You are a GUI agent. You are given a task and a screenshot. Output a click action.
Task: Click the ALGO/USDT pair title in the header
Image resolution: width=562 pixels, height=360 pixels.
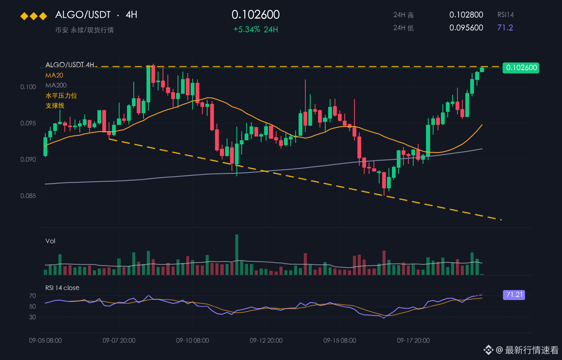click(83, 15)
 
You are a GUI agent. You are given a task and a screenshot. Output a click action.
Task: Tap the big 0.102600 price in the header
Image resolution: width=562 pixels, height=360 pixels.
click(256, 15)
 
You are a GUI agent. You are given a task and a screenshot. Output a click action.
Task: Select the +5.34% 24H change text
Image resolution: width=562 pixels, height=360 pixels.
click(256, 29)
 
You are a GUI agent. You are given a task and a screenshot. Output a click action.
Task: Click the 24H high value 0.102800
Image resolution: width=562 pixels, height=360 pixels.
click(466, 15)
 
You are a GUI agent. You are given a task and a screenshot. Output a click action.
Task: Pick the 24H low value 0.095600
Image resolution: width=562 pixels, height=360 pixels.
click(466, 28)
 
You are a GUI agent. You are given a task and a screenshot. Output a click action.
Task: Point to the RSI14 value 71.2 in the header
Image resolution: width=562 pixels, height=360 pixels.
click(505, 28)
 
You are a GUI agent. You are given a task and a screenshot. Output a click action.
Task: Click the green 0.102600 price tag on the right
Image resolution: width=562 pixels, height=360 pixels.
click(521, 68)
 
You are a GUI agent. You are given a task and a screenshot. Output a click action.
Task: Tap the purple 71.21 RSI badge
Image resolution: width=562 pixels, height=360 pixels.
click(514, 295)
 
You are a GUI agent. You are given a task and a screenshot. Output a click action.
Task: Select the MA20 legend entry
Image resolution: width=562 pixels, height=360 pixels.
click(54, 75)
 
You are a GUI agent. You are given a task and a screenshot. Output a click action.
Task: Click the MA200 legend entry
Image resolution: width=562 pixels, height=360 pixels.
click(56, 85)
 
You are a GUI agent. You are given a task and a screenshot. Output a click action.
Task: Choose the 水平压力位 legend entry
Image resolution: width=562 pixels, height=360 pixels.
click(61, 96)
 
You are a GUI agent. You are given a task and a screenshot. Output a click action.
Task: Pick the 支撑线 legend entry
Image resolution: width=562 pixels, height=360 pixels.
click(55, 106)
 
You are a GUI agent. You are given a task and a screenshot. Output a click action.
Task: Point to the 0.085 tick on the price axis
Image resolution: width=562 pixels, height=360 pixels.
click(28, 196)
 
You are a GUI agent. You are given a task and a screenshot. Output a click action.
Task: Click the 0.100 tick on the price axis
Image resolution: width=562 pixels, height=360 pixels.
click(28, 87)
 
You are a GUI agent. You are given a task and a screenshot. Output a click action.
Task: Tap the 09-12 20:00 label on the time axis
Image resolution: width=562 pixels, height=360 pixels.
click(266, 340)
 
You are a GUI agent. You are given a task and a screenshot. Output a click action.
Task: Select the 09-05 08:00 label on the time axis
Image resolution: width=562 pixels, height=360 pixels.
click(45, 340)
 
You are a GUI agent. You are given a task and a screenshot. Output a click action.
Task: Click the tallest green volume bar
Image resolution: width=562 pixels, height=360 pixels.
click(236, 255)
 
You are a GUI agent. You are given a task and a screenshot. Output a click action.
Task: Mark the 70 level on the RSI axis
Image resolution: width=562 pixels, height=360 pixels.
click(33, 296)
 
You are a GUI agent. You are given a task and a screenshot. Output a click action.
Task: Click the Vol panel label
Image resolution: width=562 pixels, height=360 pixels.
click(50, 241)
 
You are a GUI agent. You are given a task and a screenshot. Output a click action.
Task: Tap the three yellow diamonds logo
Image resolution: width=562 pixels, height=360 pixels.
click(34, 16)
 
